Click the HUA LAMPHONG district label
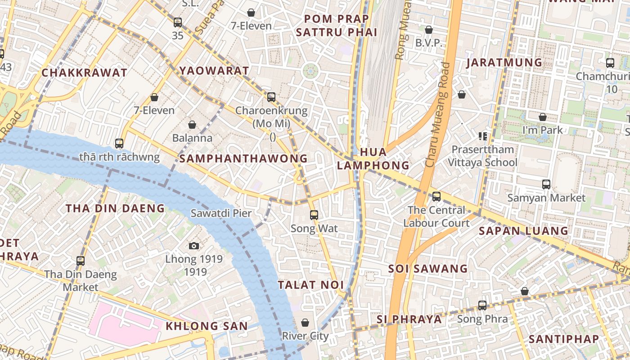tap(373, 159)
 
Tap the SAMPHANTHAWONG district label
tap(243, 158)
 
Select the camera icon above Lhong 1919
tap(194, 246)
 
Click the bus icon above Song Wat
tap(314, 215)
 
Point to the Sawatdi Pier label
tap(221, 213)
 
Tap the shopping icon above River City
tap(305, 323)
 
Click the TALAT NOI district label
tap(310, 285)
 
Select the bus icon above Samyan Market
tap(546, 184)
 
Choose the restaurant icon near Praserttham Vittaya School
tap(483, 136)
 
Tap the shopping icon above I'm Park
tap(543, 117)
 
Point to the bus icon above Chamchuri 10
tap(610, 63)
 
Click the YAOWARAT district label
tap(214, 71)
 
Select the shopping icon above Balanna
tap(192, 125)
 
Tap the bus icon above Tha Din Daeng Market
tap(81, 261)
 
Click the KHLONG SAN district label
tap(207, 326)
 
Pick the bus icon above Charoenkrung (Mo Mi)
tap(271, 97)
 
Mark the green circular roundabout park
tap(310, 71)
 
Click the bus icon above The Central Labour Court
tap(436, 197)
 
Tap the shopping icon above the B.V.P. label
tap(429, 30)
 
